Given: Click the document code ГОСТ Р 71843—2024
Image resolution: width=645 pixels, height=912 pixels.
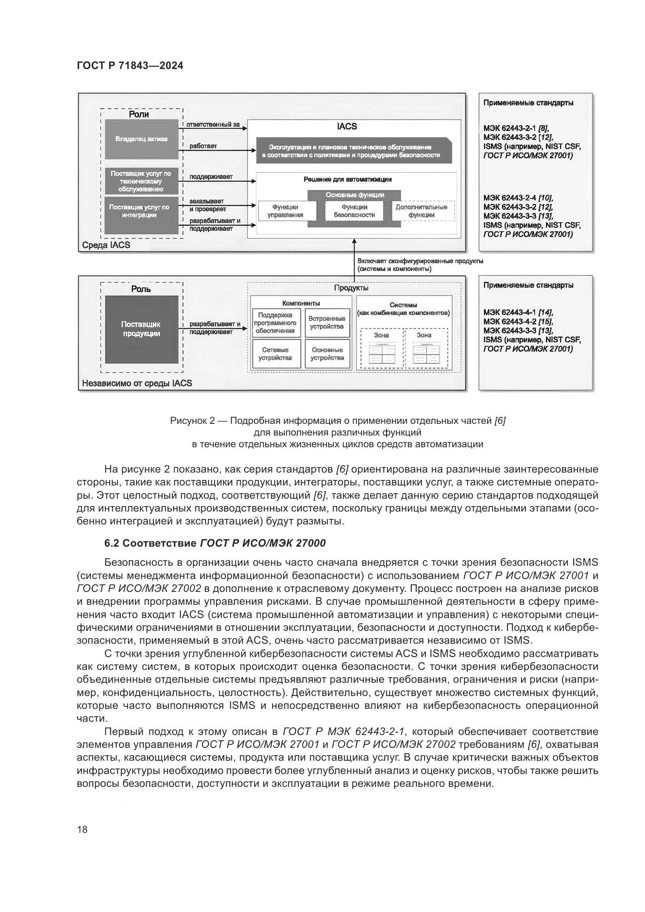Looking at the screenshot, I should coord(130,66).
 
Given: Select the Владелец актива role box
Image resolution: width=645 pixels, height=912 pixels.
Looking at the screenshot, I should coord(142,140).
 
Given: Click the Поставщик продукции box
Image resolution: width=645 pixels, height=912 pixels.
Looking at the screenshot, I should coord(142,329).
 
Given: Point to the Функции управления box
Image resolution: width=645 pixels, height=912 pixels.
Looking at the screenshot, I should coord(285,211).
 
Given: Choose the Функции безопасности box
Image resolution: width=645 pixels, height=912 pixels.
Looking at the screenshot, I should coord(354,211).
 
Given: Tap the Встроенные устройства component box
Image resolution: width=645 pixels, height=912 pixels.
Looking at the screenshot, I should coord(327,322).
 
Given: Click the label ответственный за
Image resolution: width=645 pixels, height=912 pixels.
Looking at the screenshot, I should coord(213,125).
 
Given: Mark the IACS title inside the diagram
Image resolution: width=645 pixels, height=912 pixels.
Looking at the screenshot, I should coord(347,127).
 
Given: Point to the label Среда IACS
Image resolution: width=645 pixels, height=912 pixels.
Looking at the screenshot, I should coord(106,245).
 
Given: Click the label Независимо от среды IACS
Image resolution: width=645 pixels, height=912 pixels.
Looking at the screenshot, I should coord(136,383).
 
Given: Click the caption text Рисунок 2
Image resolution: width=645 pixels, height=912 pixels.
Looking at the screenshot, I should coord(192,421).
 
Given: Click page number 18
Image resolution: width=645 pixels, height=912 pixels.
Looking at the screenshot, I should coord(82,829).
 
